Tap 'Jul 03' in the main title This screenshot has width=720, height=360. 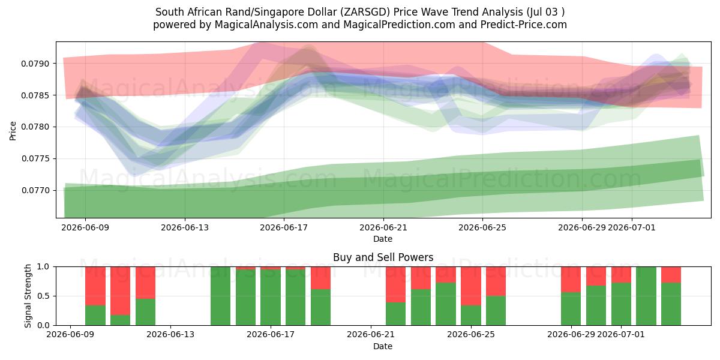coord(543,12)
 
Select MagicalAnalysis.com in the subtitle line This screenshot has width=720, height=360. coord(266,25)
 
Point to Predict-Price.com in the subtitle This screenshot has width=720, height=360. coord(524,25)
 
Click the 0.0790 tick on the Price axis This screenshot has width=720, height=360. coord(35,64)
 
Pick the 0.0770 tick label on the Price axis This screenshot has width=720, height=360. coord(35,191)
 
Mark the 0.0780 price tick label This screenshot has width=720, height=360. coord(35,127)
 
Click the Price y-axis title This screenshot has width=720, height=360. coord(13,131)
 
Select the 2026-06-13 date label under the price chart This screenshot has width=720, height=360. coord(185,227)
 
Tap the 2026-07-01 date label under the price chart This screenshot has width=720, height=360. coord(632,227)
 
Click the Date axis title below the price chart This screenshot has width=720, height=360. coord(383,239)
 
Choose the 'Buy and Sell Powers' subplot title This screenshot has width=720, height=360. coord(383,257)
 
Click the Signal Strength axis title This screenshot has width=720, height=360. coord(28,296)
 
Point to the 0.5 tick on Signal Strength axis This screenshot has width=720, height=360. coord(44,296)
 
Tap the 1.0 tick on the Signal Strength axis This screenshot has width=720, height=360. coord(44,266)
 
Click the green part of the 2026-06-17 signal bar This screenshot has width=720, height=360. coord(271,298)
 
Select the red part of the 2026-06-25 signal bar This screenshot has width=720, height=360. coord(471,286)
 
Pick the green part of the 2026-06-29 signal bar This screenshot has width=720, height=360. coord(571,308)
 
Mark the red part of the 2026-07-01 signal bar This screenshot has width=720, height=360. coord(621,275)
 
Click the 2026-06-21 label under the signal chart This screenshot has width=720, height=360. coord(371,334)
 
